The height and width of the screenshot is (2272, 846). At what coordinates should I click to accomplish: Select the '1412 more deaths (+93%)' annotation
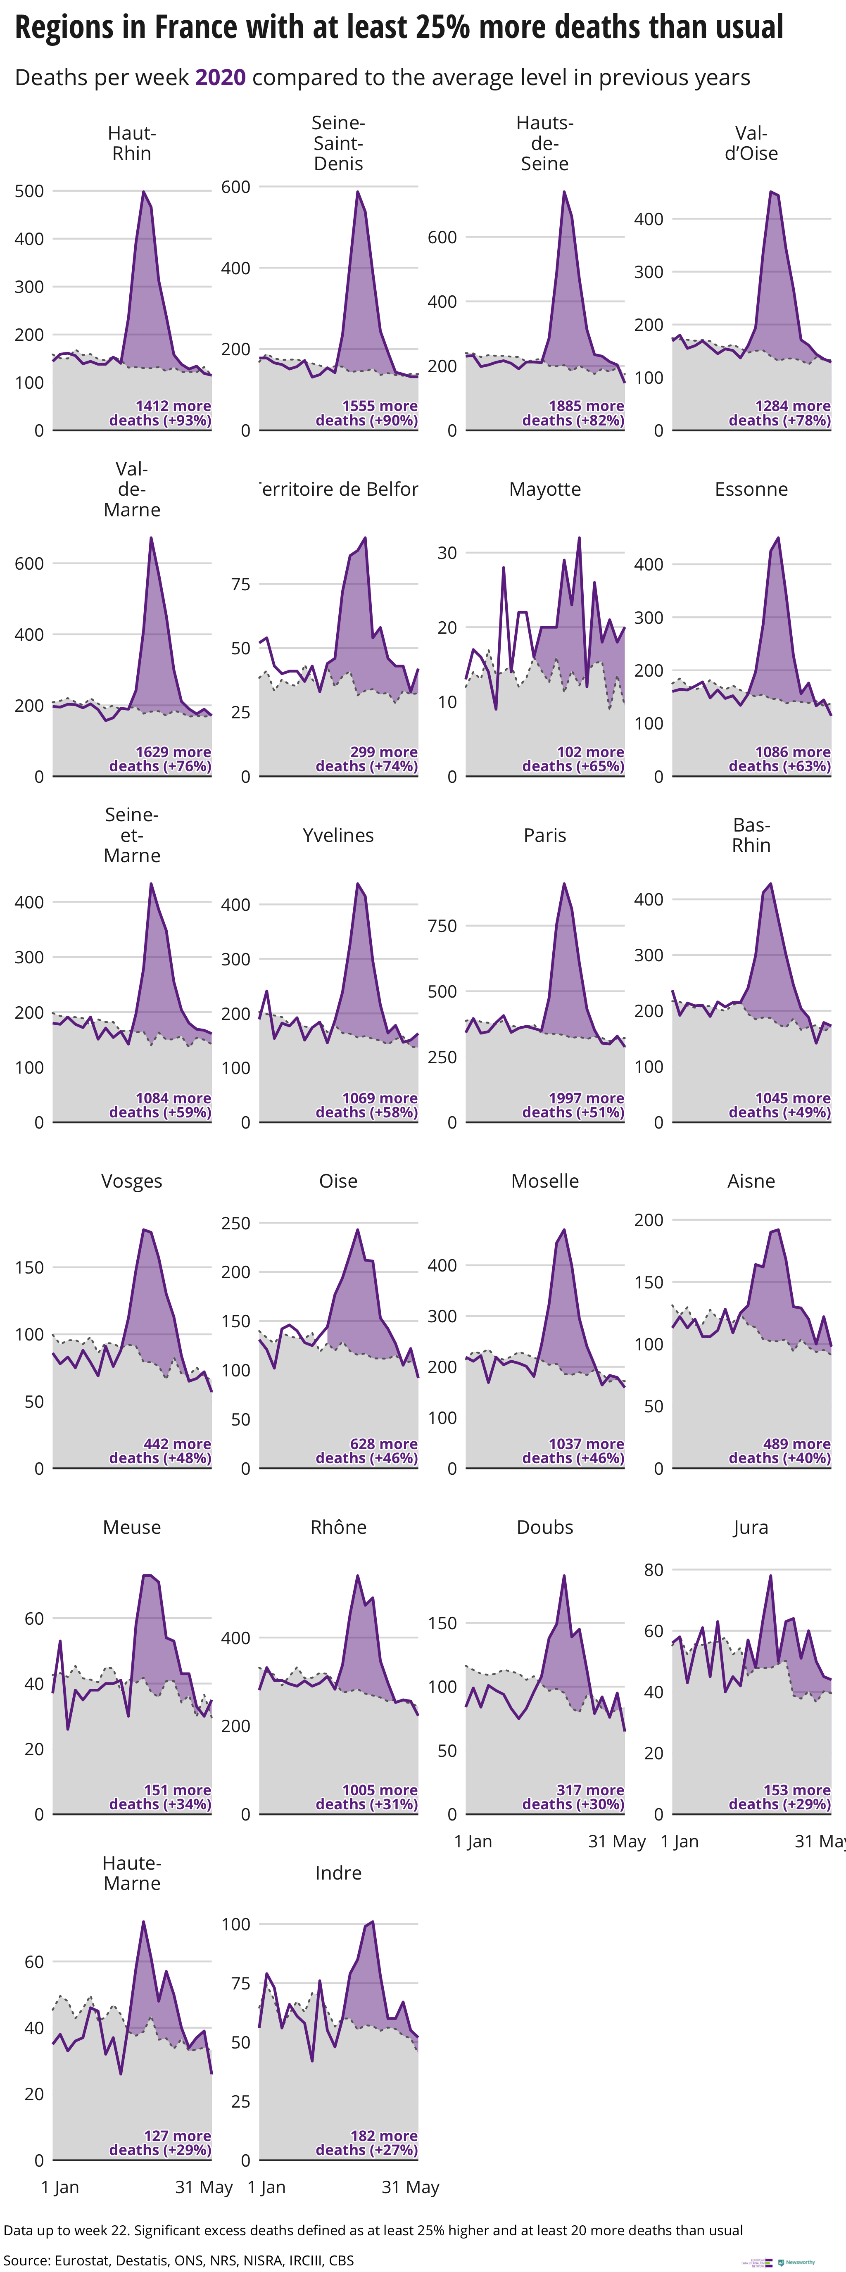161,413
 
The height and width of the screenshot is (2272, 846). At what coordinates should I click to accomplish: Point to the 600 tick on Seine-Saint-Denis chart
235,187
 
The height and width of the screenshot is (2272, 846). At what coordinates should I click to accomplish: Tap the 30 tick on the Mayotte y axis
447,553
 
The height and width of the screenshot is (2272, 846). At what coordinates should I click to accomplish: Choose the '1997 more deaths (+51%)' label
573,1105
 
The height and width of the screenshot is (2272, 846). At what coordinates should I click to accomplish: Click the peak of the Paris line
564,884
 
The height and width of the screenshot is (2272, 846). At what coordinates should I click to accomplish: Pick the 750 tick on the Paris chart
442,926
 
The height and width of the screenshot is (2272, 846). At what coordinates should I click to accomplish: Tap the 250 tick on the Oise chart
235,1223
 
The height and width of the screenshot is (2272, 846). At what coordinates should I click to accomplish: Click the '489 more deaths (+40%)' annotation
780,1451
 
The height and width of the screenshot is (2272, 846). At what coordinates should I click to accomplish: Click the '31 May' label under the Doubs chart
617,1842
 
